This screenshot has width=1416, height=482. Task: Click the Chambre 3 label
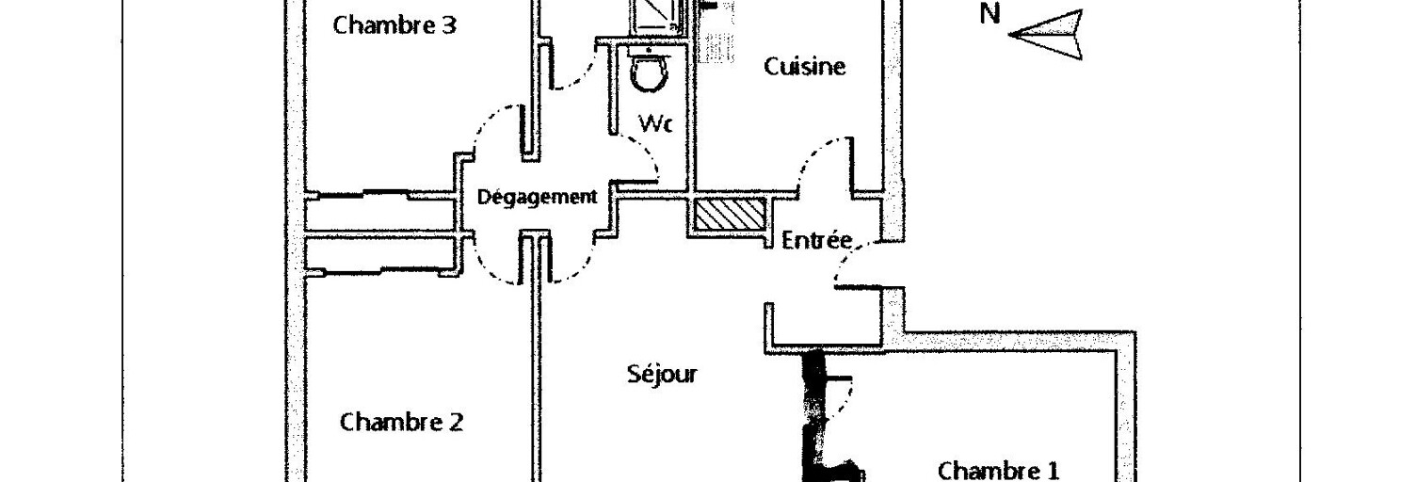(x=394, y=25)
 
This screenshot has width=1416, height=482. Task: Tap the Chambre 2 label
(x=401, y=422)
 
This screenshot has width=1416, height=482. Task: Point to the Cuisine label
(x=804, y=66)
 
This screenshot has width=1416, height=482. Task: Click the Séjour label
(x=662, y=374)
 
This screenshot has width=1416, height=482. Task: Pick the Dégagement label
(x=537, y=197)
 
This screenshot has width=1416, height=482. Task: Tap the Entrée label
(x=816, y=240)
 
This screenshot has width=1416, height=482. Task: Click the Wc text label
(x=655, y=123)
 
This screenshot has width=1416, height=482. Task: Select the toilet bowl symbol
(x=649, y=72)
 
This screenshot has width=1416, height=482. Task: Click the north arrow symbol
(x=1046, y=35)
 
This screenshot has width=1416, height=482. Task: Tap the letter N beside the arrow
(x=990, y=14)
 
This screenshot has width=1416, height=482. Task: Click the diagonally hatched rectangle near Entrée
(x=731, y=215)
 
